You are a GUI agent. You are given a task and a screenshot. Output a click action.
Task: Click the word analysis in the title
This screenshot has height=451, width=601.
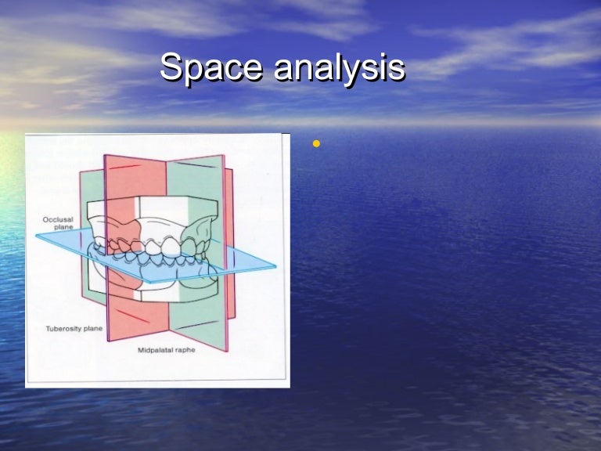(x=339, y=69)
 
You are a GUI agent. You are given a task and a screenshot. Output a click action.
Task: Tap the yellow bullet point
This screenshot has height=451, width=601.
(x=316, y=144)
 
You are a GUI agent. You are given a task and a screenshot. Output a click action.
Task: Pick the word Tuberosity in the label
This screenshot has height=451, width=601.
(x=60, y=329)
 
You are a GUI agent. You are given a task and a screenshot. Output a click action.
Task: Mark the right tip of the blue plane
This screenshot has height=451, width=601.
(x=275, y=266)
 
